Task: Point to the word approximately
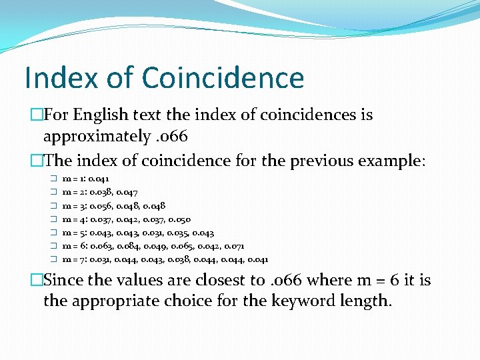(x=97, y=137)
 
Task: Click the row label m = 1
(x=73, y=179)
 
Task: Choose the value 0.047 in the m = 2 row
(x=127, y=193)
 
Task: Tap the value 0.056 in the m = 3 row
(x=100, y=206)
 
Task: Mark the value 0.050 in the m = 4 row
(x=180, y=219)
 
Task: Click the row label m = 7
(x=73, y=259)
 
